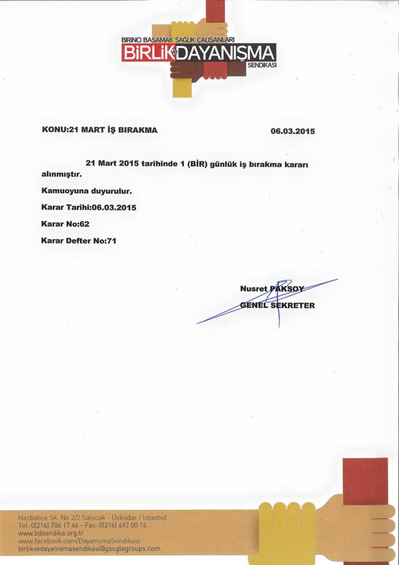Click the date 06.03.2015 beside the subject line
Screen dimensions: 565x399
point(292,132)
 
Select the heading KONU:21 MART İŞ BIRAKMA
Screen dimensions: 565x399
point(99,129)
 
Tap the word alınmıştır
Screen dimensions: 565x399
point(61,175)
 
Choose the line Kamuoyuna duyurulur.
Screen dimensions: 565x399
point(86,191)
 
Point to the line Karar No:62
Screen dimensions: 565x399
point(65,224)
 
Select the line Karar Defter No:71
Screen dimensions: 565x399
point(80,241)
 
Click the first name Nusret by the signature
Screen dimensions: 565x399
point(254,288)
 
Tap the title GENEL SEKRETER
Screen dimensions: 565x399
point(278,305)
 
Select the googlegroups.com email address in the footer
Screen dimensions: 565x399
point(89,549)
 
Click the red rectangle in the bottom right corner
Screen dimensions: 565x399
point(365,481)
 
